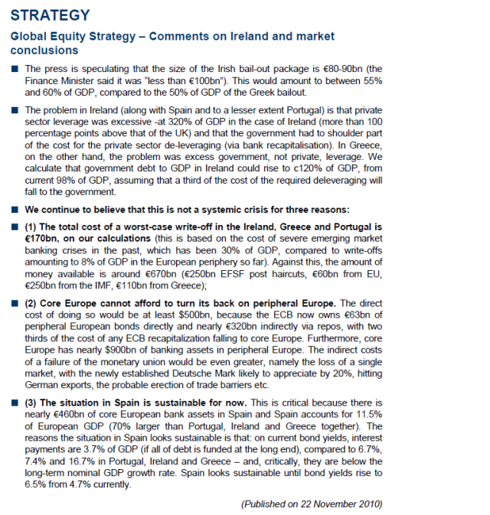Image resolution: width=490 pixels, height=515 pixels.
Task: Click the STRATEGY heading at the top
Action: tap(50, 15)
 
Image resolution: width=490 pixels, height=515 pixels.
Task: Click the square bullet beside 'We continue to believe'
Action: tap(15, 208)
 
